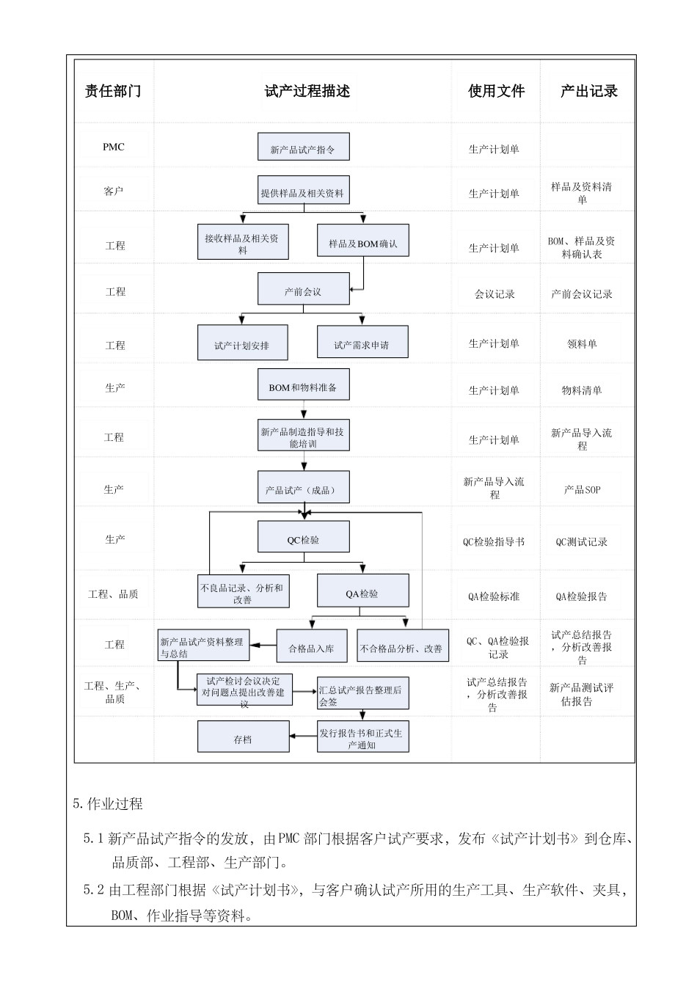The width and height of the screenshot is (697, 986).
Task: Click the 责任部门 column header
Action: (113, 92)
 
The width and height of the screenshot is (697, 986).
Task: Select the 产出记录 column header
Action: (588, 92)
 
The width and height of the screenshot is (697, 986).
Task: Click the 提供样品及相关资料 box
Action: (303, 192)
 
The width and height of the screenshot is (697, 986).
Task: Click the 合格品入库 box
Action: (311, 647)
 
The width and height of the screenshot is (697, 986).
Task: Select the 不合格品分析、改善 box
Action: (402, 647)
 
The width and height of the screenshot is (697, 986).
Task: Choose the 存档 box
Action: (243, 738)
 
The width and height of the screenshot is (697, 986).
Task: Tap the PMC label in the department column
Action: (114, 147)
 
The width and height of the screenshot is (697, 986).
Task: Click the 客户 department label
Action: (114, 191)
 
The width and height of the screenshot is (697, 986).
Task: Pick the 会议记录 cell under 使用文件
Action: (495, 294)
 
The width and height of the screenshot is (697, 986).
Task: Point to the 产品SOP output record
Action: (582, 489)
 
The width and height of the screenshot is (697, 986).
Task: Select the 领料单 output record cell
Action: (582, 343)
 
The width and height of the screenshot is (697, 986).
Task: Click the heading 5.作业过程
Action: (108, 804)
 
